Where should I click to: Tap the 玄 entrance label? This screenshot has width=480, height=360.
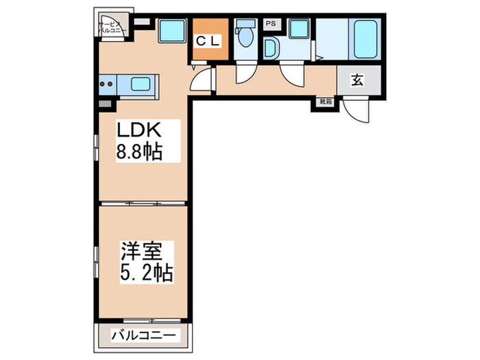[x=357, y=80]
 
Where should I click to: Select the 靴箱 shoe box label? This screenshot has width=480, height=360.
[x=324, y=102]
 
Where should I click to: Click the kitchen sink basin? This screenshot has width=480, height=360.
[x=141, y=86]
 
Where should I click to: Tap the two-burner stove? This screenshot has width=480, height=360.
[x=107, y=86]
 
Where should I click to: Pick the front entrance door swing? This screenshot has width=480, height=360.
[x=355, y=108]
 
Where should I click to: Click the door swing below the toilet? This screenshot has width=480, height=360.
[x=243, y=75]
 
